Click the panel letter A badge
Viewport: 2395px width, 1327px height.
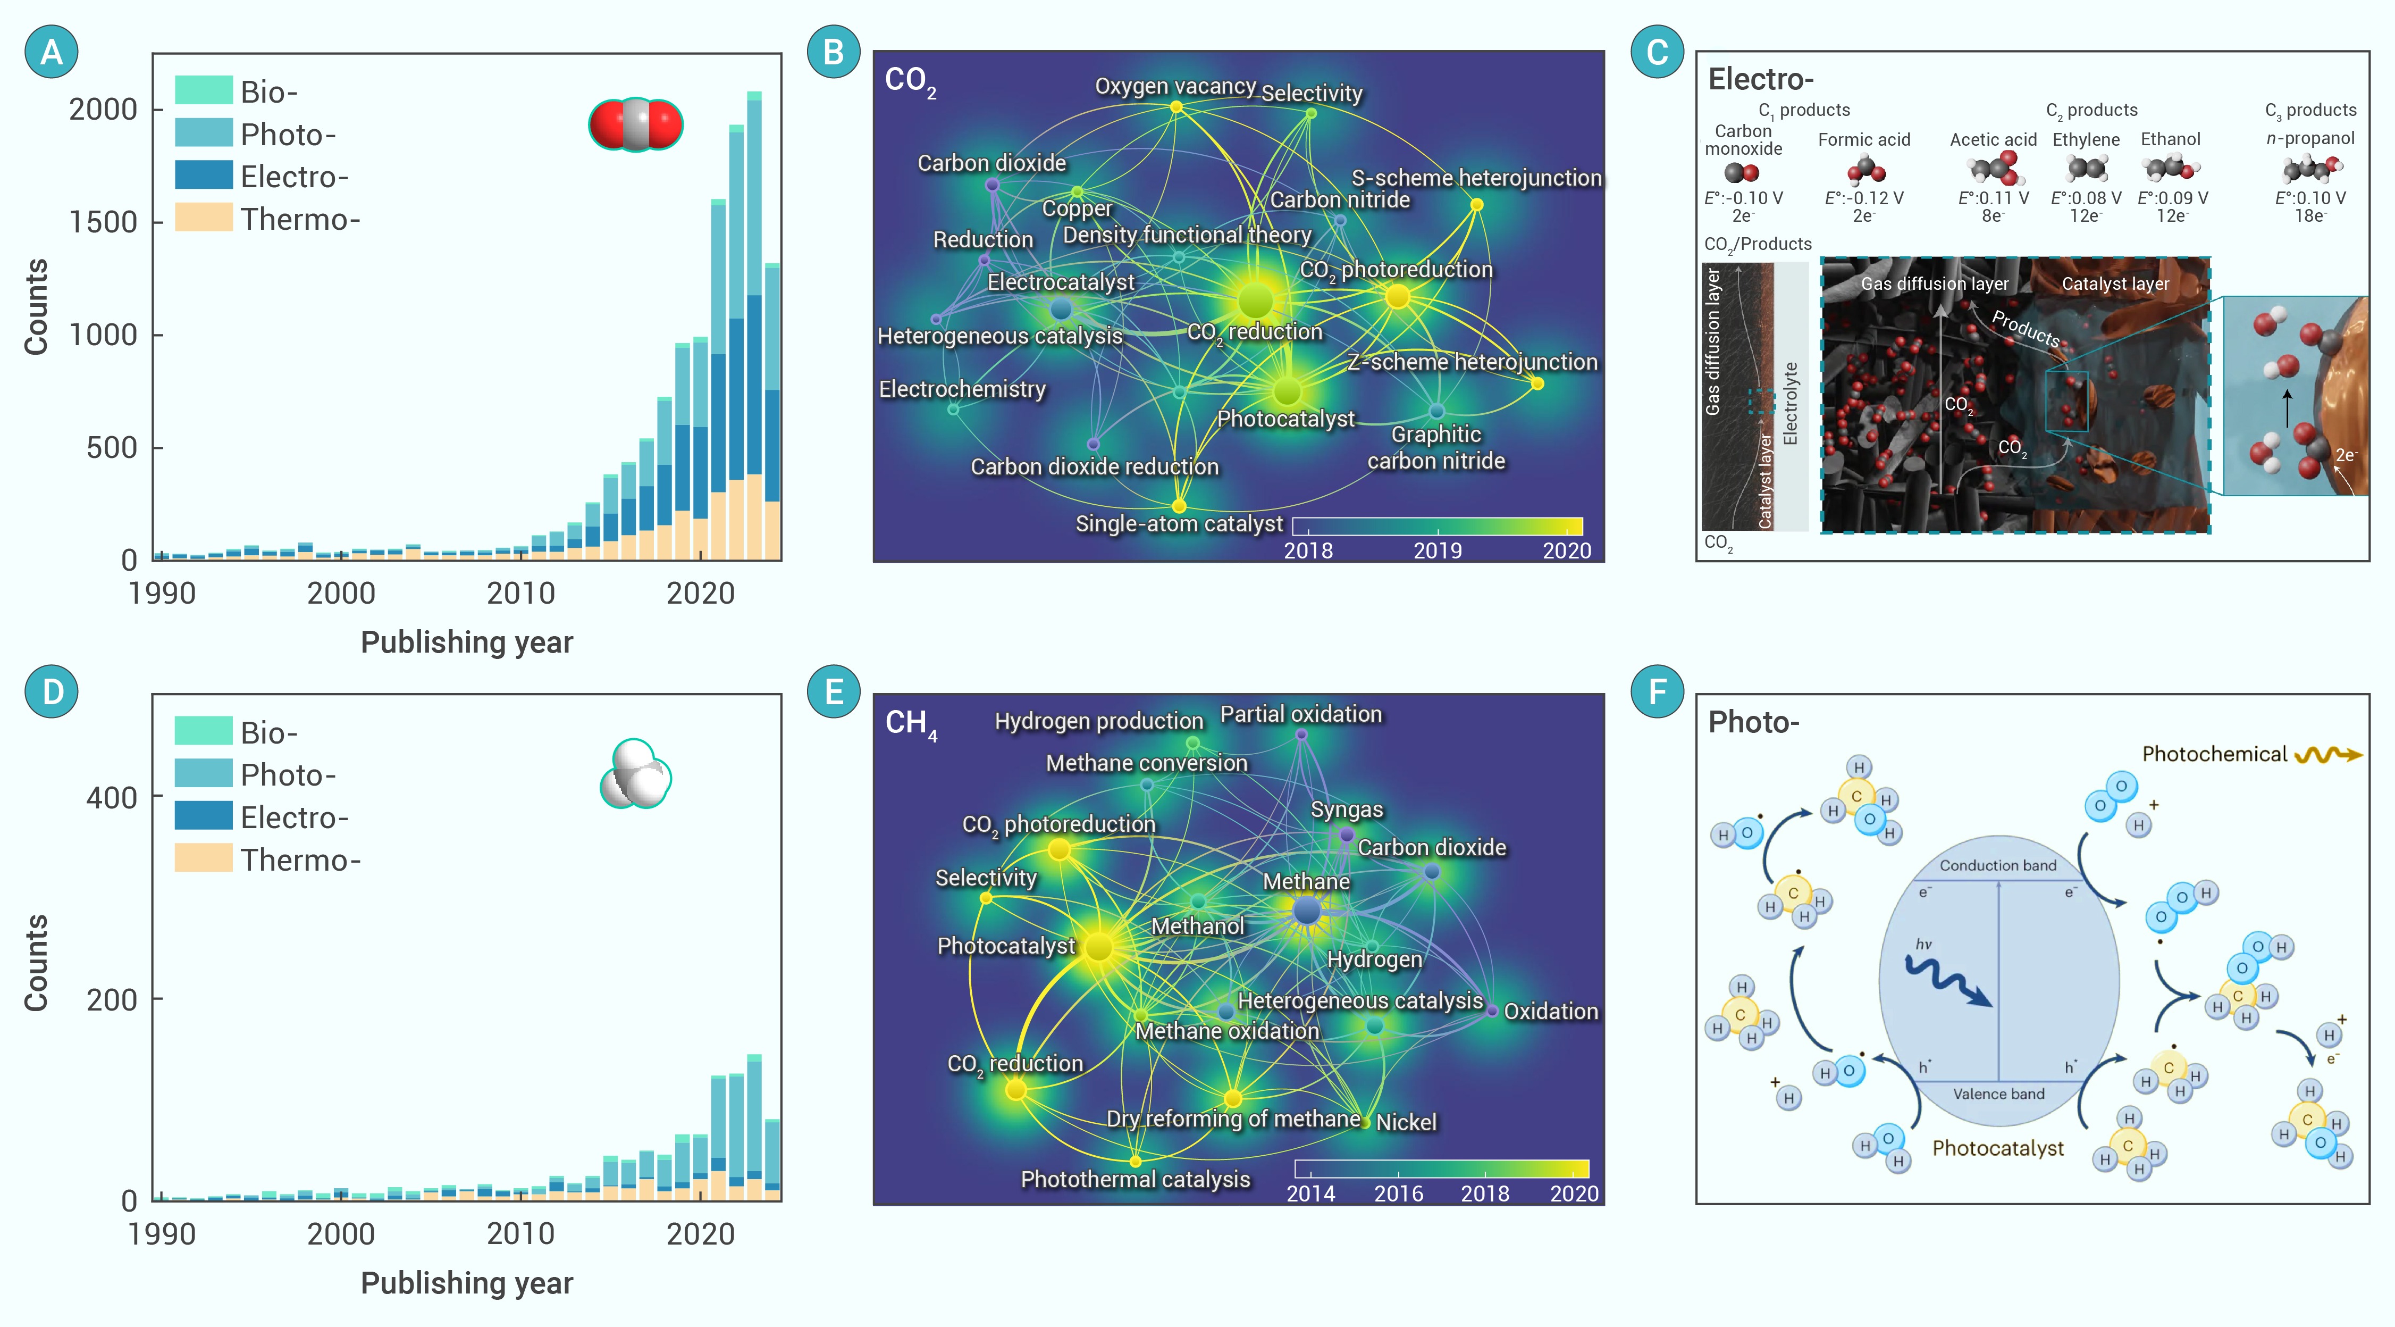point(51,52)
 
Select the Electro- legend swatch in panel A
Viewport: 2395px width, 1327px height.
point(204,176)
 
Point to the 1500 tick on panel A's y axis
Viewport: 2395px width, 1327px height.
point(103,222)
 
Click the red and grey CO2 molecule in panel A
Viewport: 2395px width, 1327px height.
point(636,124)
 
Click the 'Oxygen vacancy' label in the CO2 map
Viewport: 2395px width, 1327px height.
point(1175,87)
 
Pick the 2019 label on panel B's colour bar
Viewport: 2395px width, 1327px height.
point(1438,550)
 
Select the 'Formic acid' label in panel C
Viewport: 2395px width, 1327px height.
point(1863,139)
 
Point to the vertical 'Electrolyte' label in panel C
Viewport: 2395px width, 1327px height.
point(1791,404)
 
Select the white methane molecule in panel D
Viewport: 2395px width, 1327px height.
point(636,774)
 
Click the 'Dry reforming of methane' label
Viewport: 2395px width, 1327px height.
point(1233,1119)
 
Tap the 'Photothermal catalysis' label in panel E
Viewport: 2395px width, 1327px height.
point(1135,1179)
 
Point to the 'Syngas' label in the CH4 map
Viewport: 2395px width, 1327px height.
point(1346,810)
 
